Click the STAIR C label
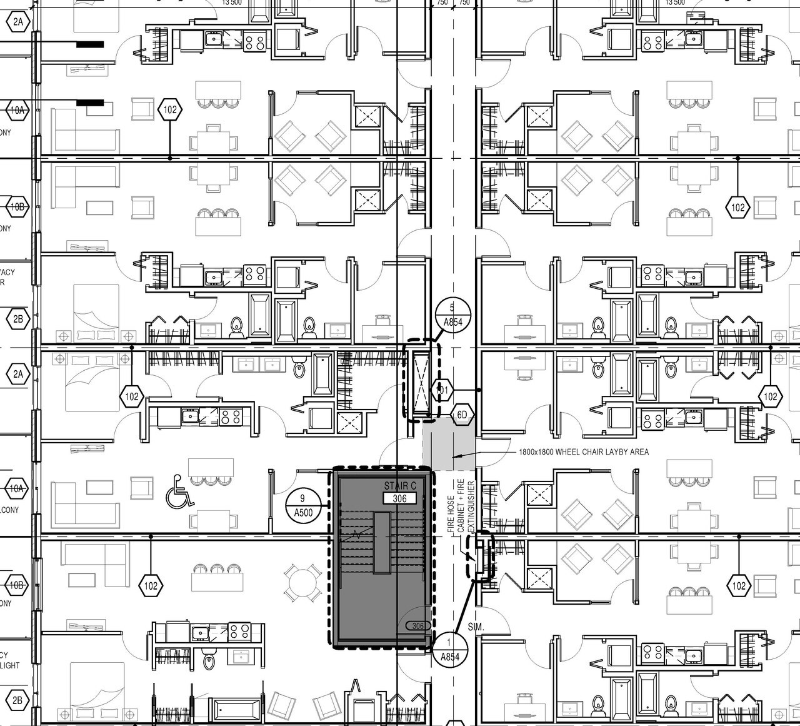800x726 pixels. [400, 486]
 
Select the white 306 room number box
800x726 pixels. [400, 498]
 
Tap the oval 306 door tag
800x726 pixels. [417, 626]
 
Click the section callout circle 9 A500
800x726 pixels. [303, 505]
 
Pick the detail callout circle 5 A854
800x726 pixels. [452, 315]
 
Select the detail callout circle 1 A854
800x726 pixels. [450, 650]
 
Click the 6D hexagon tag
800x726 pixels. [462, 415]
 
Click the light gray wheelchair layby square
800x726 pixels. [449, 445]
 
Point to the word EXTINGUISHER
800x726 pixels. [471, 507]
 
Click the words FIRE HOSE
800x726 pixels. [451, 515]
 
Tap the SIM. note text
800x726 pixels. [476, 627]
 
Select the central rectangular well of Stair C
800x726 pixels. [381, 542]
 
